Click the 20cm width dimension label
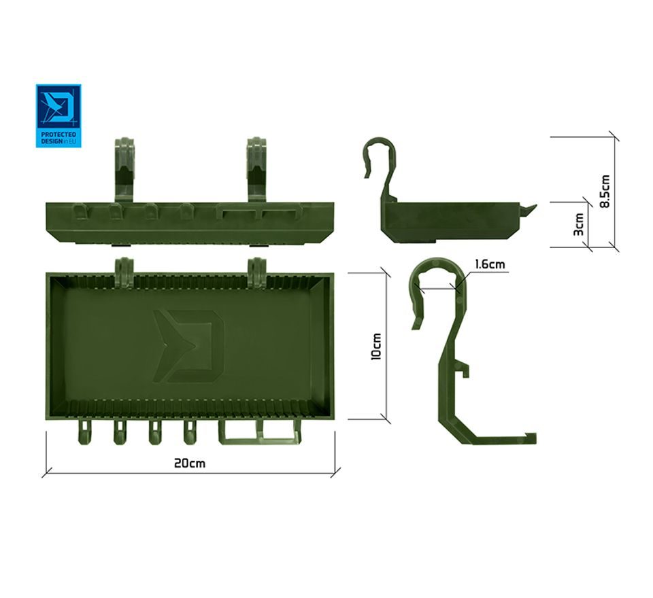point(190,463)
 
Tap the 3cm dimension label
point(579,224)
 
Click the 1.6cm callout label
point(490,264)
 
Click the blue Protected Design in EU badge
point(58,116)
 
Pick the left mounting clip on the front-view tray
point(125,168)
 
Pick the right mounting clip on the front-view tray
point(256,168)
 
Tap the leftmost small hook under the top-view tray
point(84,434)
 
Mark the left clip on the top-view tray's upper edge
point(124,268)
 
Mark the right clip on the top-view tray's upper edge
point(257,268)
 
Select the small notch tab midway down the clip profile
point(463,370)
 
